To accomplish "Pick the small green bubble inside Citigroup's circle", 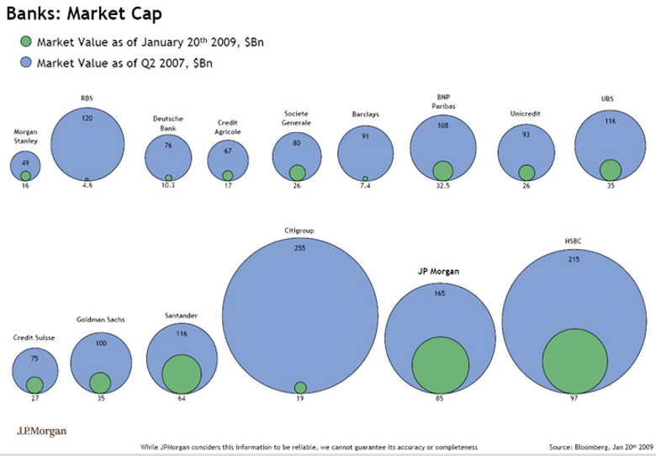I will (x=300, y=387).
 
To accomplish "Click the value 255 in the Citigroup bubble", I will (x=300, y=248).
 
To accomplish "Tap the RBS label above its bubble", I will (x=87, y=98).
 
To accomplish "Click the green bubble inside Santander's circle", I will (x=180, y=373).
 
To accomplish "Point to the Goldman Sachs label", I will (x=100, y=320).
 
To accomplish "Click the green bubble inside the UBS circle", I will (x=611, y=169).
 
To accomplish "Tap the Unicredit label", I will (x=526, y=113).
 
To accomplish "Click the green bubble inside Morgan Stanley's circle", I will (x=26, y=175).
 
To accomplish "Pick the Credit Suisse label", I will (x=34, y=337).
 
